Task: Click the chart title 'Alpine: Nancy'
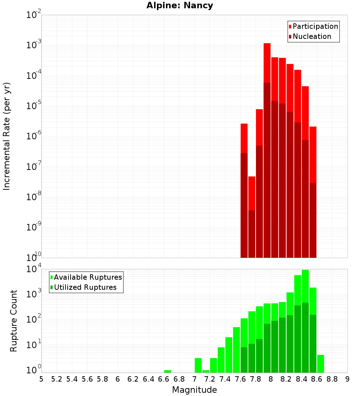180,6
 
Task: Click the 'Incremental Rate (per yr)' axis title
7,136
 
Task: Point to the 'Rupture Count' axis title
14,321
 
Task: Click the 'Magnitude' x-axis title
194,390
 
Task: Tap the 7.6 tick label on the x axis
240,379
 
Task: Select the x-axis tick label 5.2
57,379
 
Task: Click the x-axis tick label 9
347,379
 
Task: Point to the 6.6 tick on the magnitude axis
164,379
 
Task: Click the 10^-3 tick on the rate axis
34,45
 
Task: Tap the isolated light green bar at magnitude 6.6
167,371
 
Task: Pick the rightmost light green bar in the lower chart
320,364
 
